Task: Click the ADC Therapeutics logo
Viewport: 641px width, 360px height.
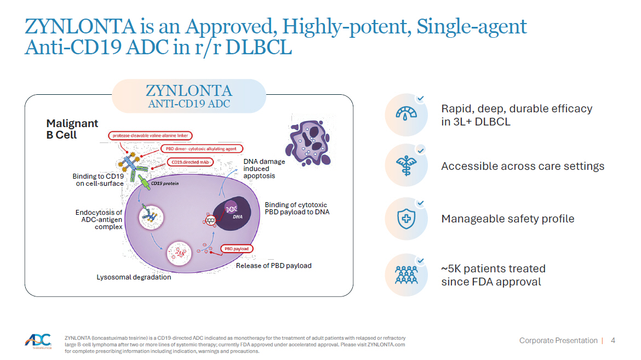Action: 38,341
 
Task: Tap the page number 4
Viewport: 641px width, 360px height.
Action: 613,340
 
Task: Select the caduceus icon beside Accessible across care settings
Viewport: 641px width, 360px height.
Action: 406,165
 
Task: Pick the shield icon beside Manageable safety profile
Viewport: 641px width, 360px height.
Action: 406,219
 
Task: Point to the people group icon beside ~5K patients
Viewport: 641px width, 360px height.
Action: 406,275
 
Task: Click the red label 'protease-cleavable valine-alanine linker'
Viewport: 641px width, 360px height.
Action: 150,135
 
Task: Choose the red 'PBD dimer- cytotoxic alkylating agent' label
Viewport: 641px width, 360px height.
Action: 201,148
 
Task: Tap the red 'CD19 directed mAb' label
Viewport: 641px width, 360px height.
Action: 190,162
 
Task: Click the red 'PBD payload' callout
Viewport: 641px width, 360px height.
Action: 237,249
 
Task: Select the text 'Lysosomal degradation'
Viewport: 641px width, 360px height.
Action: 134,277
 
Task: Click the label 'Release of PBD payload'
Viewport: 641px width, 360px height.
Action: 273,266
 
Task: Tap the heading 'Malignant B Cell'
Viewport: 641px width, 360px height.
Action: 72,129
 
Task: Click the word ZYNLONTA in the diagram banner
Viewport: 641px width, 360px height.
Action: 189,90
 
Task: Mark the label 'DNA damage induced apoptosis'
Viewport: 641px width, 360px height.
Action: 264,169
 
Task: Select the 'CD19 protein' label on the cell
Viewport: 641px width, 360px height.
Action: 165,183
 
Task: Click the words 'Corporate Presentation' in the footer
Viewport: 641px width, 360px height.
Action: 558,340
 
